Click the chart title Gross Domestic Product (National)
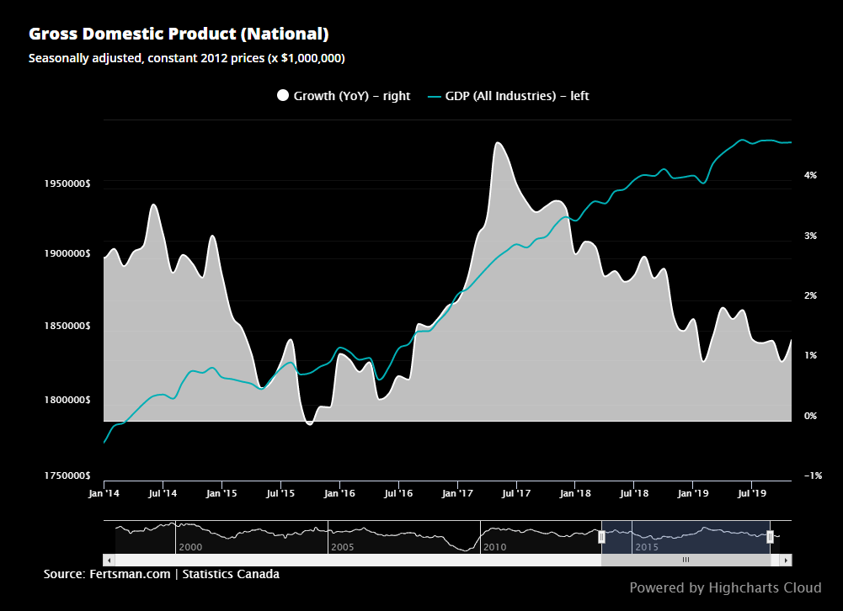pos(179,35)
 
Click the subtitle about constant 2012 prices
pos(186,58)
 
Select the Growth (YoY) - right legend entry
pos(344,96)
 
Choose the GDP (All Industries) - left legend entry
pos(508,96)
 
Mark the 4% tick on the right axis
pos(811,175)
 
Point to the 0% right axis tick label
pos(811,416)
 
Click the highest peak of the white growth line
pos(498,143)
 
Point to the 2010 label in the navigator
pos(494,547)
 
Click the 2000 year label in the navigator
pos(190,547)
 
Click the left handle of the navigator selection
pos(601,537)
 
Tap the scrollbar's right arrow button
pos(786,560)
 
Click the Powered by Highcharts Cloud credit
pos(725,587)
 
